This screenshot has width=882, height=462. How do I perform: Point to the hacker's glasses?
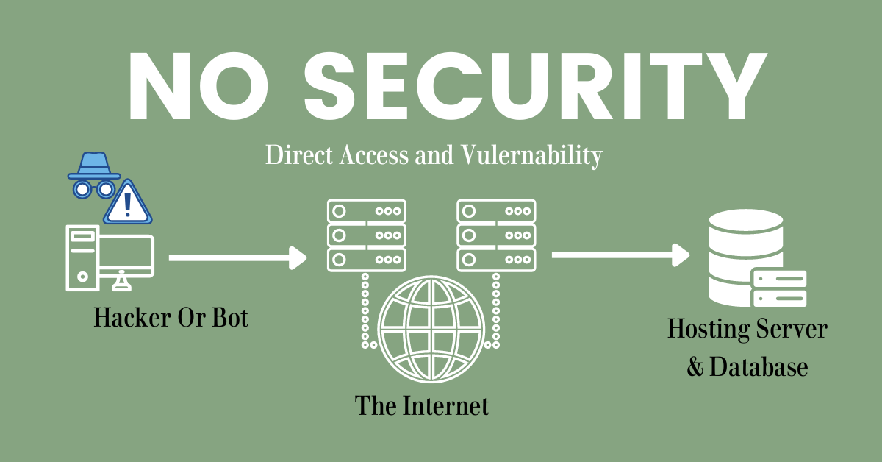(x=93, y=189)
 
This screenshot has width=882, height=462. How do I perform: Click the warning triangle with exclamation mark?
(x=128, y=202)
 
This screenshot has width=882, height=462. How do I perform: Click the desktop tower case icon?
(x=82, y=256)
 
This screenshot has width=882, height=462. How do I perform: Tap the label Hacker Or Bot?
(x=171, y=318)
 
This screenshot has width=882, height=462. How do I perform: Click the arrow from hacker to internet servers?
(x=237, y=257)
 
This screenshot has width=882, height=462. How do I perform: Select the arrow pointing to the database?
(x=620, y=255)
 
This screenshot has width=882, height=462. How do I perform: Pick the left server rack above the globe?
(x=365, y=235)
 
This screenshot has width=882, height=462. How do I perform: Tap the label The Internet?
(x=422, y=405)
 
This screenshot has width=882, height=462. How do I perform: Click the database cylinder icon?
(x=742, y=254)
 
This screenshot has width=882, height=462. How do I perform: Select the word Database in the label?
(x=759, y=366)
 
